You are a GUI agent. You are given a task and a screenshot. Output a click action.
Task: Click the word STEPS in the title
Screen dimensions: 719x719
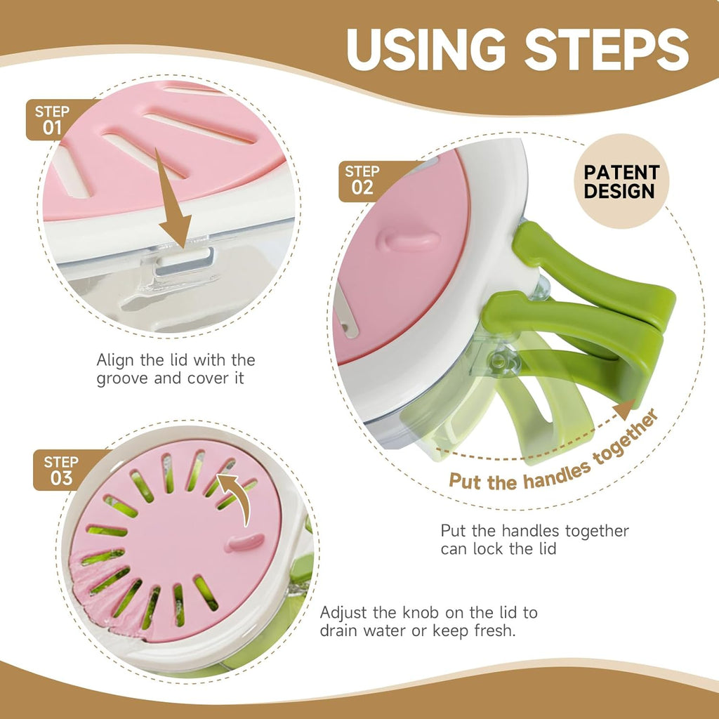[607, 50]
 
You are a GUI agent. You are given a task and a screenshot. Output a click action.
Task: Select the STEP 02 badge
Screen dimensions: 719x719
[363, 180]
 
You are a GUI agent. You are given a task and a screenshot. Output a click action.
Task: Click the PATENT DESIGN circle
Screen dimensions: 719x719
[621, 181]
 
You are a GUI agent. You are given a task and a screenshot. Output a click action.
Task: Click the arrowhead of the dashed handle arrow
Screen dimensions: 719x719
[624, 409]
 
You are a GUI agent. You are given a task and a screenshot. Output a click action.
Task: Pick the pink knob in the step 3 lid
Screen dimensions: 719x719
[244, 543]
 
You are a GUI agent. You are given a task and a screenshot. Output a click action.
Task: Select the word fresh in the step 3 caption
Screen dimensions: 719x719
[495, 631]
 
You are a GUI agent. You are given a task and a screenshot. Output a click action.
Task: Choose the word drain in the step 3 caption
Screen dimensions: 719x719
[339, 631]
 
